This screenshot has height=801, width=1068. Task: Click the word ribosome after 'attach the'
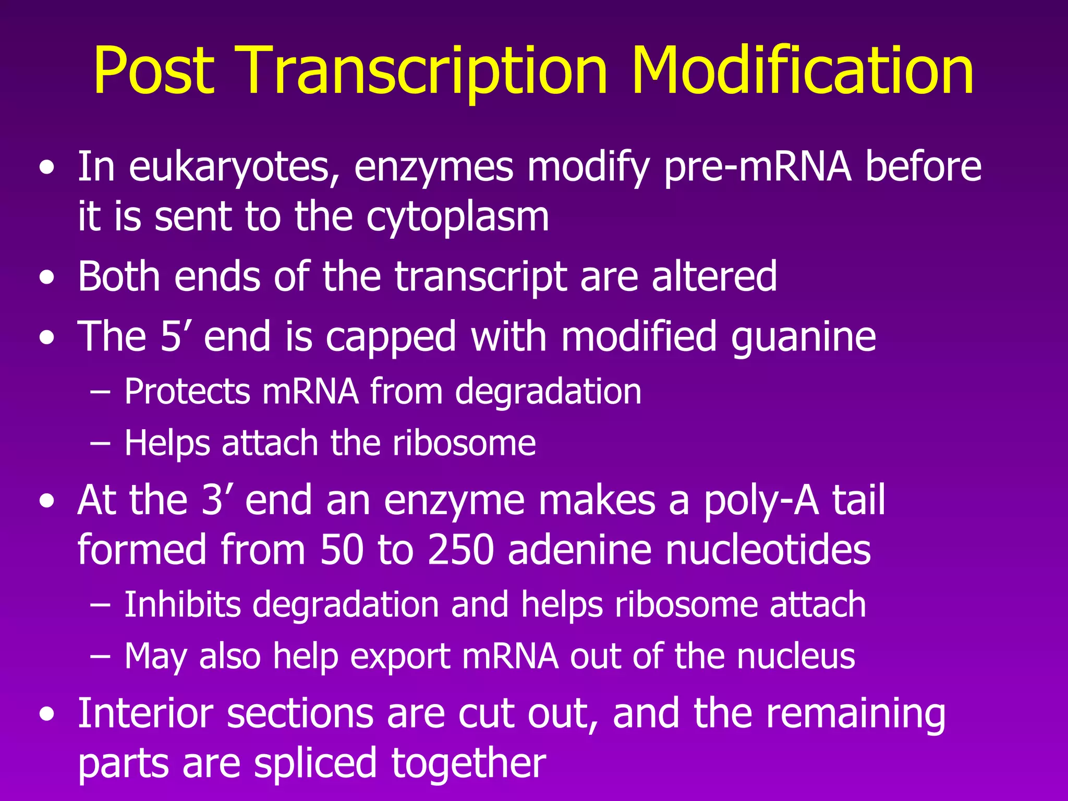[464, 443]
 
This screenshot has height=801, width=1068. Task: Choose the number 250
[460, 550]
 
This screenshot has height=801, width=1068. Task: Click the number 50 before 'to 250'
[342, 550]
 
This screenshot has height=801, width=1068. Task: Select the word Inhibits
[182, 605]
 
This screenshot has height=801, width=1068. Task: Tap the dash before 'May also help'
[100, 656]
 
